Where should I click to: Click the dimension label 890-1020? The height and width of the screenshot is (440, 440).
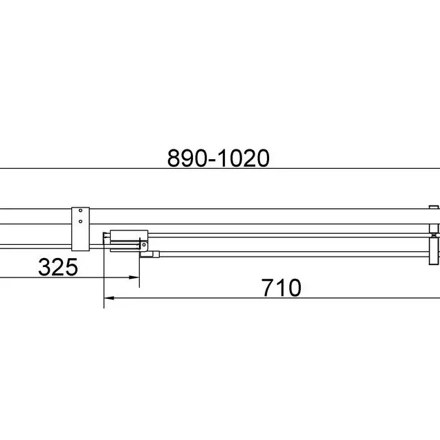[219, 158]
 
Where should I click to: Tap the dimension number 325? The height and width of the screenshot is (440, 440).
[58, 267]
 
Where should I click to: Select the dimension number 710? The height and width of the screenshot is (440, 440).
[282, 288]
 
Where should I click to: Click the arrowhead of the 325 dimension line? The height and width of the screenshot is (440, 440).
[134, 277]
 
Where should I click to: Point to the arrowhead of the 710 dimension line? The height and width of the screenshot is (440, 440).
[109, 298]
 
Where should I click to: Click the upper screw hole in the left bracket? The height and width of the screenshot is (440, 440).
[80, 210]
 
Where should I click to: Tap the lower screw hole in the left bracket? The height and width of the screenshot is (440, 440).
[80, 221]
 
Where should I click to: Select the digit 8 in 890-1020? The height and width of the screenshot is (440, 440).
[174, 158]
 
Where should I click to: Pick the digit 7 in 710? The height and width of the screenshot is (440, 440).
[268, 288]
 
